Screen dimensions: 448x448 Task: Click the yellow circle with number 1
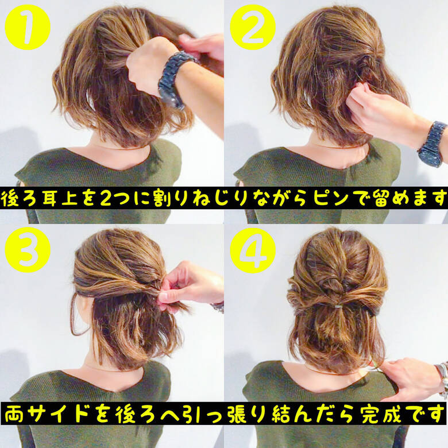tap(27, 28)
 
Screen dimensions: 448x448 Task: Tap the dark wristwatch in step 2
tap(432, 143)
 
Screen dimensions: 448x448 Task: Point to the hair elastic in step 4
tap(338, 307)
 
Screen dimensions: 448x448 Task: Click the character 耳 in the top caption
tap(51, 199)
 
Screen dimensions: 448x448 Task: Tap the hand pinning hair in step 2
tap(379, 112)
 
